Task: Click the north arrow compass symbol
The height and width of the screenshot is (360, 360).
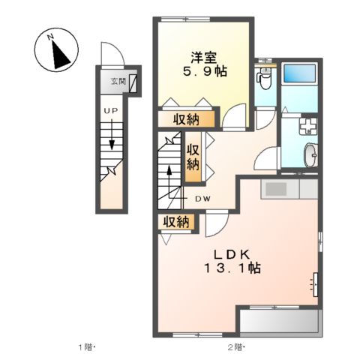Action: [56, 49]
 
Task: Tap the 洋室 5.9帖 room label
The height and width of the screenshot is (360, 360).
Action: [205, 64]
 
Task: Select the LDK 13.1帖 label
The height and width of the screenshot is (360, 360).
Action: [232, 262]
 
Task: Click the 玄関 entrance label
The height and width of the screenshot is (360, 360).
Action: [118, 81]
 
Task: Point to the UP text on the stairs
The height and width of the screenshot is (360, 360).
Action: [111, 111]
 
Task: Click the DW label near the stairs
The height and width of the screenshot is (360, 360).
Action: [202, 199]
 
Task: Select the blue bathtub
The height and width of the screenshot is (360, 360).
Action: [300, 73]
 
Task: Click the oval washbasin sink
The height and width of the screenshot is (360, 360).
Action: [310, 155]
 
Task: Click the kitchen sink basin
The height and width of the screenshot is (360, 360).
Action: [276, 189]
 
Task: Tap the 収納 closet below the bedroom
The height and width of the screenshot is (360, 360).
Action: [187, 119]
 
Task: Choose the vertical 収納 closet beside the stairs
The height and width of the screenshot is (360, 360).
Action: [193, 157]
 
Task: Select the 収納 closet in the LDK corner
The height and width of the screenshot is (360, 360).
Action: [176, 222]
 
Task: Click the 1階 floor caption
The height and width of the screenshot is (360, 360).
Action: [86, 347]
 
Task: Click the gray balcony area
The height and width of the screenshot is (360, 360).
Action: [279, 322]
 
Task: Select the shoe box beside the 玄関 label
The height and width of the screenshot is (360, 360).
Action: [133, 83]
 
